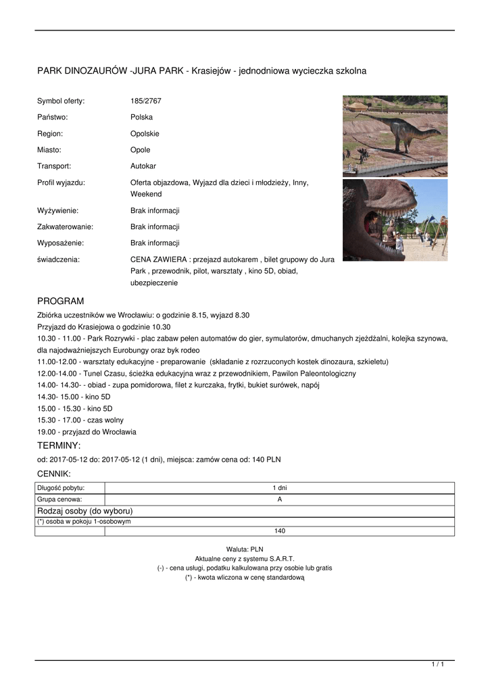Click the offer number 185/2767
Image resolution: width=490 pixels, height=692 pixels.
click(146, 101)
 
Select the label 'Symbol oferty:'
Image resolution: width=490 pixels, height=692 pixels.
click(61, 101)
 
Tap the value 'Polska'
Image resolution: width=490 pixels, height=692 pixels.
click(141, 118)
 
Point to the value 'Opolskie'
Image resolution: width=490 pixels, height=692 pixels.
click(145, 134)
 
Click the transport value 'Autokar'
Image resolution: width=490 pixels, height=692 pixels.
click(143, 166)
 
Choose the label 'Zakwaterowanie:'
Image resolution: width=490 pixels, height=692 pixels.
click(65, 227)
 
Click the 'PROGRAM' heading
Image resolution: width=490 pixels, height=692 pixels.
click(60, 301)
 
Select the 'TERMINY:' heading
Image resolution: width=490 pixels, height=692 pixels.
click(59, 446)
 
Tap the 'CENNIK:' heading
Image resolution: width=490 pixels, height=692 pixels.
click(54, 474)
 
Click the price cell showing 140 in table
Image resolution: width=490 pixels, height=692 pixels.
click(280, 531)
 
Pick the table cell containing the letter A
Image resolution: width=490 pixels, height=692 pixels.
click(280, 499)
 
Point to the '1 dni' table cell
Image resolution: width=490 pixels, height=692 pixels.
click(280, 488)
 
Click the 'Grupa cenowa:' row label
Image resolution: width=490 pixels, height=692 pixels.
click(59, 499)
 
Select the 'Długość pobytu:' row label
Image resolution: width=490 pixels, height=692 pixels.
click(61, 488)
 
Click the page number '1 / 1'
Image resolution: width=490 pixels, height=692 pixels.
click(438, 665)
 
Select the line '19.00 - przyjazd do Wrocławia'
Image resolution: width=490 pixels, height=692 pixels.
click(87, 432)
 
